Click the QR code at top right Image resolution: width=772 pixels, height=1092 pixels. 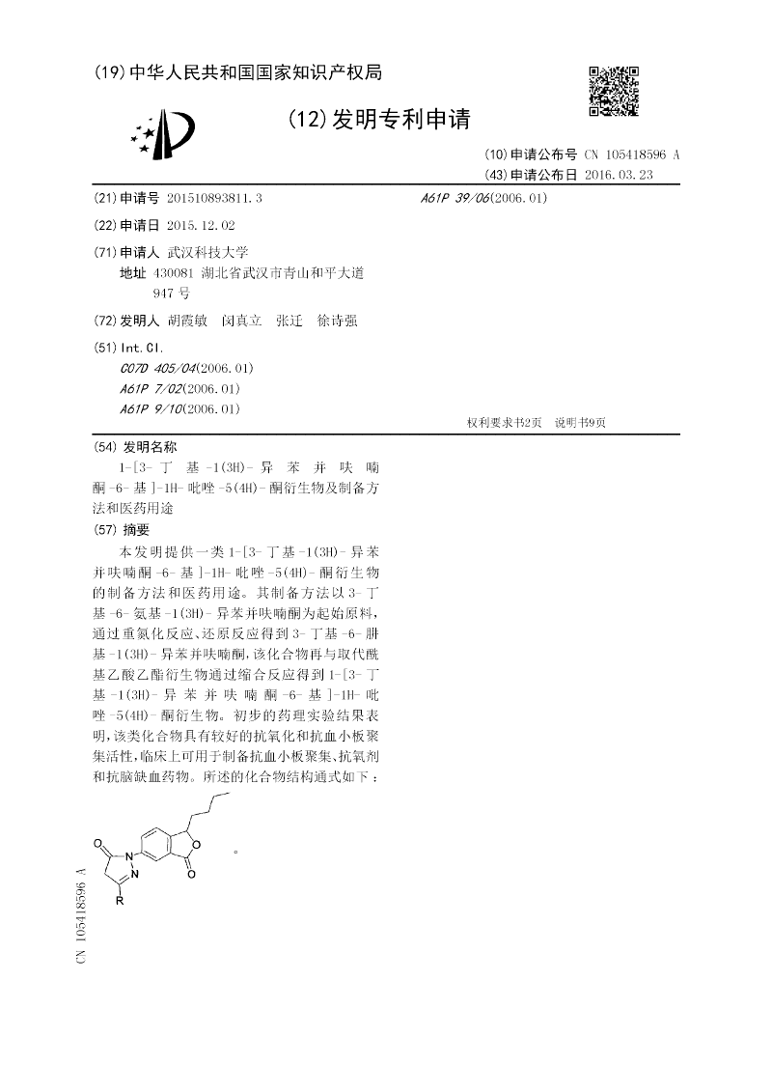[614, 91]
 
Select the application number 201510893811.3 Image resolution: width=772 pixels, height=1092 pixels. [214, 198]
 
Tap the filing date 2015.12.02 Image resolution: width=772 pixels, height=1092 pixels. [201, 225]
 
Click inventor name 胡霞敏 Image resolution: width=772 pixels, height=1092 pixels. [187, 322]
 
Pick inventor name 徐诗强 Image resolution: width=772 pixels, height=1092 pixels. [338, 322]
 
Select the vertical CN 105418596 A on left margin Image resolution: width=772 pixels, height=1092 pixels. [81, 913]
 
